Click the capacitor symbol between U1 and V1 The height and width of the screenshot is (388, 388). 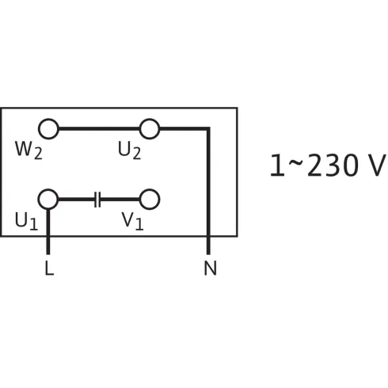97,200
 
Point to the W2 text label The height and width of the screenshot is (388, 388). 29,150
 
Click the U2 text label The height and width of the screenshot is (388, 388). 129,150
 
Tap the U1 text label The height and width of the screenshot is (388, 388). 26,221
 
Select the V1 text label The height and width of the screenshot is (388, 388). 132,221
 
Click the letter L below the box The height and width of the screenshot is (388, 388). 49,268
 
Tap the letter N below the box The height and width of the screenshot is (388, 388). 210,268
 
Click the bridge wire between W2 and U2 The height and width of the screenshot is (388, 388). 99,129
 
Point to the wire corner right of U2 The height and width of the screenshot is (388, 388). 208,129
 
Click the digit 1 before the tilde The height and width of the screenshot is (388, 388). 277,165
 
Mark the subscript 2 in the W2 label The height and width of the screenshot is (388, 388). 38,154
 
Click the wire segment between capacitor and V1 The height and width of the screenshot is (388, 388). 120,200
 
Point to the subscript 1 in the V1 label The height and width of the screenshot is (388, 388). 139,225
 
